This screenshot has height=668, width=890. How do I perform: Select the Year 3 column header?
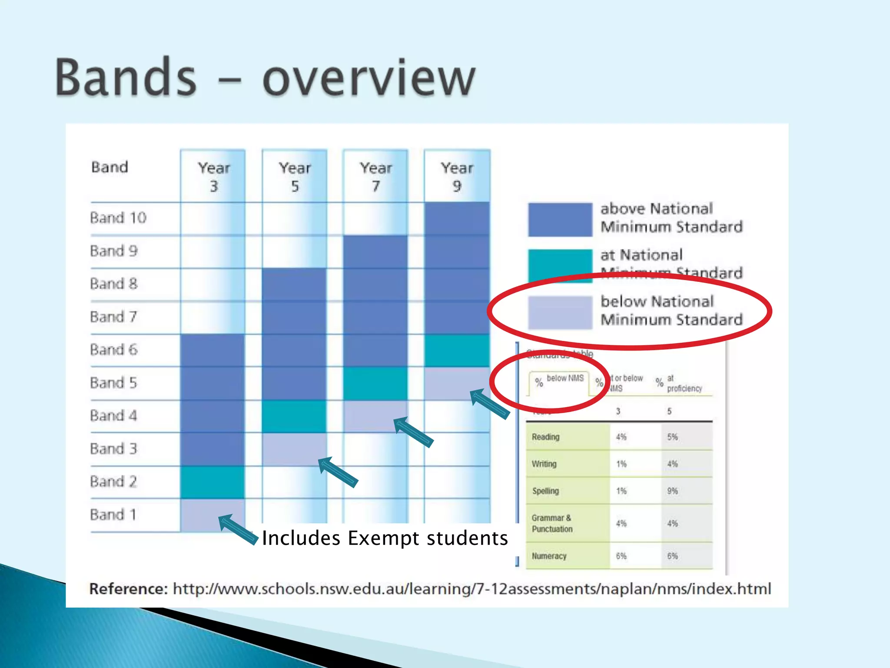tap(213, 177)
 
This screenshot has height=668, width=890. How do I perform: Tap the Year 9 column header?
tap(457, 177)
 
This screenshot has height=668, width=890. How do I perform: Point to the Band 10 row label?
tap(118, 217)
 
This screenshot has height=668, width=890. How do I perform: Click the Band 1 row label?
tap(113, 514)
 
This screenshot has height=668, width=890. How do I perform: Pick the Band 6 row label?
tap(113, 350)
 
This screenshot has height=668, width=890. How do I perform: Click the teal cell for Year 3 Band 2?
tap(213, 482)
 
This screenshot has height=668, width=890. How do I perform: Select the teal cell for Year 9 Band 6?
tap(457, 350)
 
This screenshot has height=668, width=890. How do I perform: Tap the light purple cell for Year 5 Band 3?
tap(294, 449)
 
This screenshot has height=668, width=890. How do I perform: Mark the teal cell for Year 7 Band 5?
tap(375, 383)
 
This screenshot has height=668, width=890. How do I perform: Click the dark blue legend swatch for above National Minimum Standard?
tap(560, 220)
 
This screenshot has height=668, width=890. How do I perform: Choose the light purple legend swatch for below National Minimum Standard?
tap(560, 312)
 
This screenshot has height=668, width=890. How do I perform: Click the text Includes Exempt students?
tap(385, 538)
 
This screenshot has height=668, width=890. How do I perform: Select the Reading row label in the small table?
tap(545, 437)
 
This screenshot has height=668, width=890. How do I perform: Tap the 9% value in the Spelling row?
tap(672, 491)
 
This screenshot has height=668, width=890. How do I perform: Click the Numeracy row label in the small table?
tap(549, 556)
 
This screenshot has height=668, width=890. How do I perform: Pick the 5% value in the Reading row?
tap(672, 437)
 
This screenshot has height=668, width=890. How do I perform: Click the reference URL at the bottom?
tap(472, 589)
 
